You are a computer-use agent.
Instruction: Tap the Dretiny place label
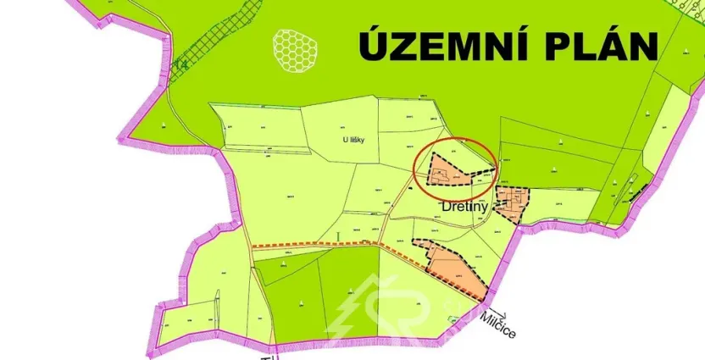click(465, 205)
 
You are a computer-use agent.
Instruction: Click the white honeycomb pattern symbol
click(293, 48)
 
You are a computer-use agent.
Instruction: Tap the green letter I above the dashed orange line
click(338, 234)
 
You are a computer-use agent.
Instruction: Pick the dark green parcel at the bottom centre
click(318, 296)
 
